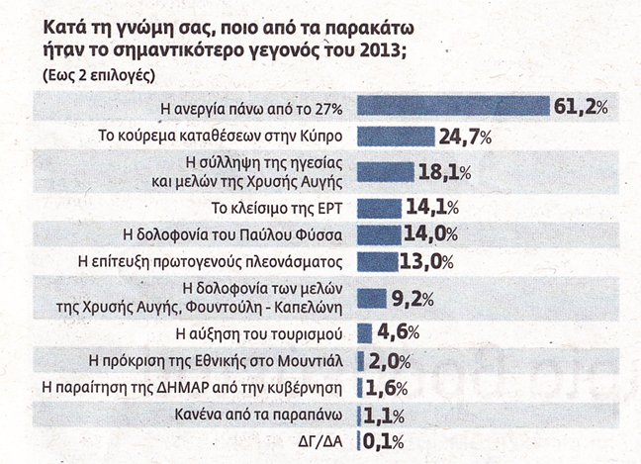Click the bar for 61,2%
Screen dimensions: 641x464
(453, 106)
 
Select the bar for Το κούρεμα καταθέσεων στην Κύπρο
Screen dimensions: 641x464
(396, 137)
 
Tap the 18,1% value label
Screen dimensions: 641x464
(445, 172)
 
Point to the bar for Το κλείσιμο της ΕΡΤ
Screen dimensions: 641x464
(380, 209)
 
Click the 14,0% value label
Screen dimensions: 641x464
(431, 234)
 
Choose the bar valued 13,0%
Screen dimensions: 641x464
(377, 261)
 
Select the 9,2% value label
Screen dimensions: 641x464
(412, 299)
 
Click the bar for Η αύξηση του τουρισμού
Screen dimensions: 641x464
(365, 333)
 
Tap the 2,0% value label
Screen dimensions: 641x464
(390, 361)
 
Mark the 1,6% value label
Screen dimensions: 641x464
(387, 388)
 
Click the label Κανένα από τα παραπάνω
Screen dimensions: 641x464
(258, 415)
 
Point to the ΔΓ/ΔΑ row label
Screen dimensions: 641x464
(320, 442)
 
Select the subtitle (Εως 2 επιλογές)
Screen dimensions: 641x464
(99, 76)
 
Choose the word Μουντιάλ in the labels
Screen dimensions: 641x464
(311, 361)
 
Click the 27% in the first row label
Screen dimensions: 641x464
(328, 109)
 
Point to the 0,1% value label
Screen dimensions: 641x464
(383, 442)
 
